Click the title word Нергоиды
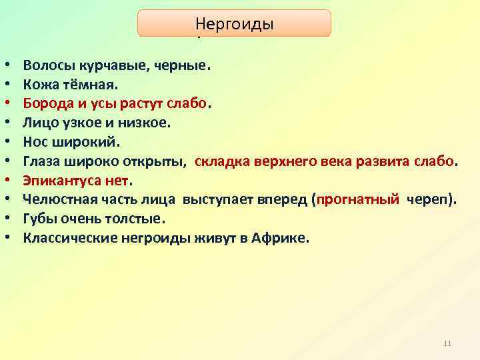point(234,24)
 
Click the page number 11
point(447,343)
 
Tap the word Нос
point(35,141)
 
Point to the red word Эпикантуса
point(59,180)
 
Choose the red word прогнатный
point(358,199)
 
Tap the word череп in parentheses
point(427,199)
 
